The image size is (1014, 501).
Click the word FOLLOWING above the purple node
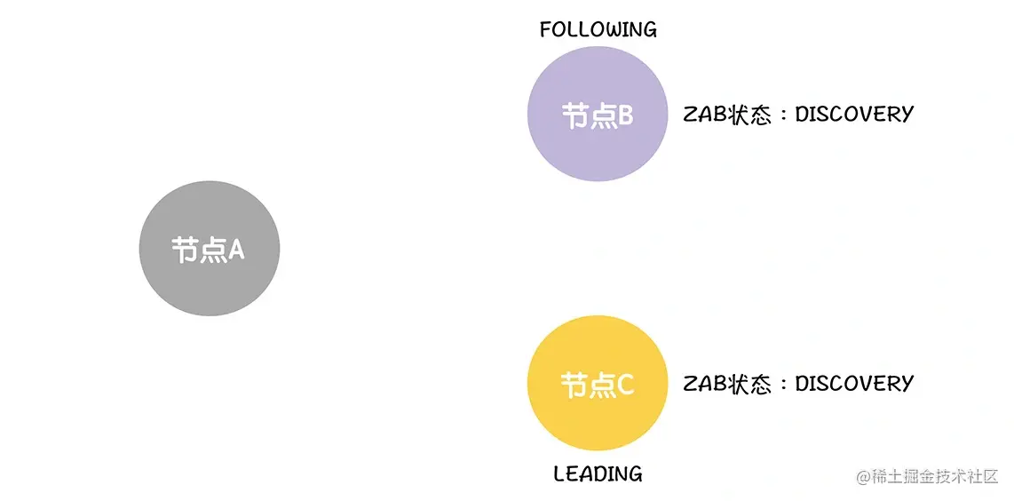[598, 29]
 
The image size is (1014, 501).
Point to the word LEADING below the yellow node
[598, 473]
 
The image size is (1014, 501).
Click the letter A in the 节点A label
[235, 250]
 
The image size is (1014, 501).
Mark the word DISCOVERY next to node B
[853, 114]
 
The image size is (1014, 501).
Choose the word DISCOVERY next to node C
[853, 383]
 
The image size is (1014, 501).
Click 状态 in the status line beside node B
[749, 115]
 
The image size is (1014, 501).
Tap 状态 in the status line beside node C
[749, 384]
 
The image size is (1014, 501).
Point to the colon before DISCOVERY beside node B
[782, 115]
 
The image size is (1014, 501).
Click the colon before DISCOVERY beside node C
[782, 385]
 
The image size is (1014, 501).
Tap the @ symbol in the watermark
[863, 477]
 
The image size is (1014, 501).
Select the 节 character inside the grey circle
[185, 250]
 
